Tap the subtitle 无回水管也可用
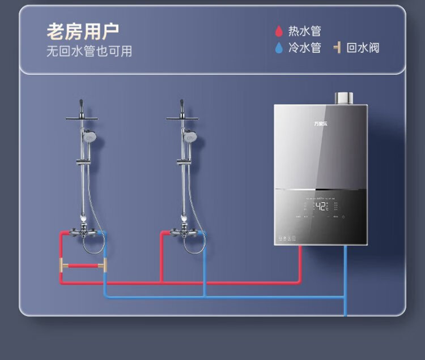89,51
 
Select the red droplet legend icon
279,31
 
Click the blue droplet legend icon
279,48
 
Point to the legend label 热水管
304,32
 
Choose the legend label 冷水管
304,48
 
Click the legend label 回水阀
363,48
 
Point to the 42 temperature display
321,207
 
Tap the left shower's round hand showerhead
89,136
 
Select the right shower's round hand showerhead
190,136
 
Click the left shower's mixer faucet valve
83,233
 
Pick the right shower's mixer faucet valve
185,233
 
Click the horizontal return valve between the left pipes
83,265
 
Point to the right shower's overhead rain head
182,118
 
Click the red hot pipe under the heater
300,263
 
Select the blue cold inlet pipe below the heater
345,277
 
